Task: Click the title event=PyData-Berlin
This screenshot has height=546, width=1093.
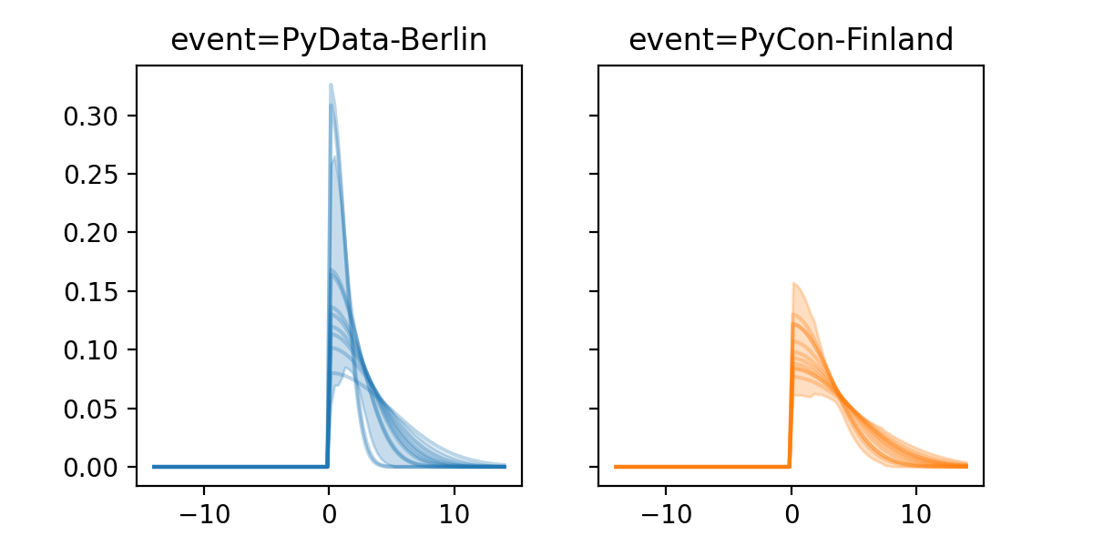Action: [x=329, y=40]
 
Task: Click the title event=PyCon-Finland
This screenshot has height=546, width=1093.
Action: [x=791, y=40]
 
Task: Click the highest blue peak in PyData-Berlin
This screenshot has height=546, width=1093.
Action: [x=331, y=85]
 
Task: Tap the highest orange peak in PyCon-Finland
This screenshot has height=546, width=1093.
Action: [x=794, y=283]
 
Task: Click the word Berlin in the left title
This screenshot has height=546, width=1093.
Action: [x=445, y=40]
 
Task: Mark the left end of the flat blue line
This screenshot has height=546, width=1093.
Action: [x=154, y=467]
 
